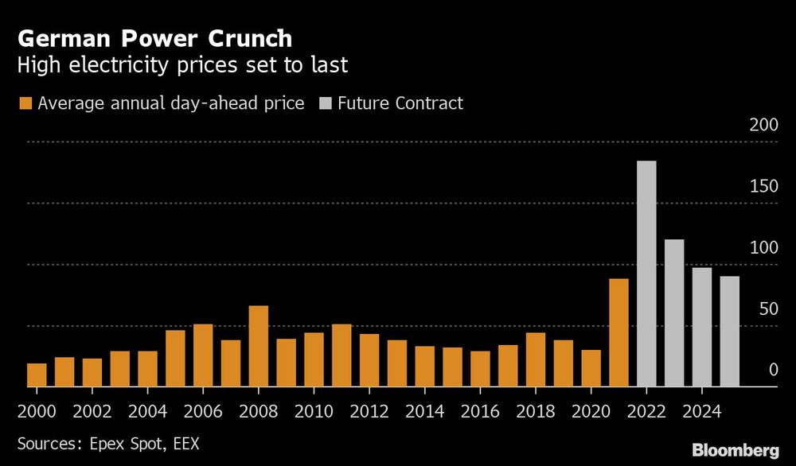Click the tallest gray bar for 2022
coord(646,274)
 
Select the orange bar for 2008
coord(258,346)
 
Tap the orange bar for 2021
coord(618,332)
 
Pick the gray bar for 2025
coord(729,331)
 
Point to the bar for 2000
coord(37,375)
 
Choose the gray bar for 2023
coord(674,313)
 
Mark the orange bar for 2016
coord(480,368)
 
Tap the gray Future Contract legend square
coord(324,103)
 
